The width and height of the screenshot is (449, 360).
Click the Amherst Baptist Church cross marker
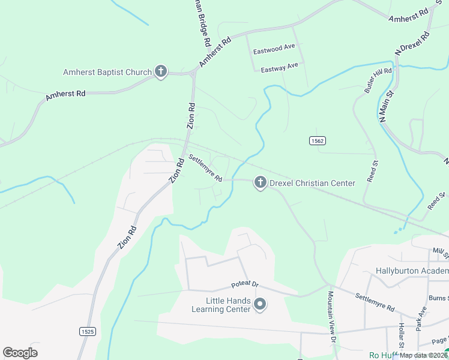(x=160, y=72)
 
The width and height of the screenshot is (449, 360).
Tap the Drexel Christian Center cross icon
(x=260, y=183)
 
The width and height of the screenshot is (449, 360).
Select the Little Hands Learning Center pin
(x=260, y=305)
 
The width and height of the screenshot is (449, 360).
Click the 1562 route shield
(x=318, y=140)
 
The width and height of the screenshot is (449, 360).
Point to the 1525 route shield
(x=87, y=331)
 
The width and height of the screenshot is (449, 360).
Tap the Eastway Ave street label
(x=279, y=67)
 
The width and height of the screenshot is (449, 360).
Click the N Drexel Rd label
(x=412, y=44)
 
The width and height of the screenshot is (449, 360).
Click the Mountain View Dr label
(x=331, y=317)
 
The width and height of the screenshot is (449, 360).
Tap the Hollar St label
(x=401, y=336)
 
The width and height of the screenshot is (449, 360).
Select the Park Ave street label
(x=421, y=319)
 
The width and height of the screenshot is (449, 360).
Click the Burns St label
(x=439, y=298)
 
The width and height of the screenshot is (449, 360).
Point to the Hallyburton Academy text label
(x=412, y=271)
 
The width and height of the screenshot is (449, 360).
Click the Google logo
(x=20, y=353)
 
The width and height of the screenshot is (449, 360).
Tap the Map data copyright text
(x=423, y=355)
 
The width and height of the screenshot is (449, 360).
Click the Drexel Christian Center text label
(x=312, y=183)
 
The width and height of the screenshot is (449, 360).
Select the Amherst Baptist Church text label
(x=107, y=73)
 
